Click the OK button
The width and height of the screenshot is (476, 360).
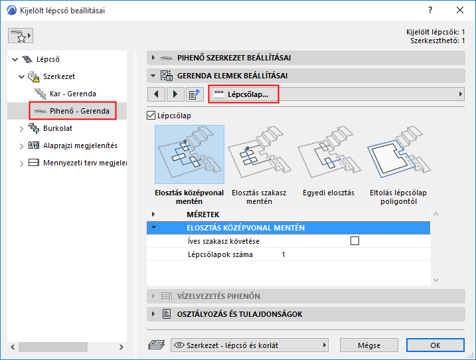click(436, 345)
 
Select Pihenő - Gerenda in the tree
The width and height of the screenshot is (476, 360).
click(79, 111)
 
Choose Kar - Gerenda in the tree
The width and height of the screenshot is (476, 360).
click(72, 94)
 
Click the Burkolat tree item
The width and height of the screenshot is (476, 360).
click(57, 128)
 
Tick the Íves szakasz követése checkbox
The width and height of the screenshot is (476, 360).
click(355, 241)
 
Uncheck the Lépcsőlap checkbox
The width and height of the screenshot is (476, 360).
click(151, 116)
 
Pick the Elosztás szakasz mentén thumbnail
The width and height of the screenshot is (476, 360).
click(260, 154)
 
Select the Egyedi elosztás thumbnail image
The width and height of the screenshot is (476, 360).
click(329, 154)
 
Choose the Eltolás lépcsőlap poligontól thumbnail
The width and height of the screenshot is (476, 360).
click(398, 154)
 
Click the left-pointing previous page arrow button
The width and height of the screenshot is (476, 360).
click(156, 94)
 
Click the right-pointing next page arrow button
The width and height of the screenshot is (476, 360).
click(175, 94)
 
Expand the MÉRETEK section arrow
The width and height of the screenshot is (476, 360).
click(153, 214)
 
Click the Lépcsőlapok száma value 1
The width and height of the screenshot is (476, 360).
click(283, 254)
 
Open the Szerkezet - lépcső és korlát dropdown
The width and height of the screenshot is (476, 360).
click(250, 345)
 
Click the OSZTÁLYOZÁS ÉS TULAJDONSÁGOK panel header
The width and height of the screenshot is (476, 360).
click(305, 314)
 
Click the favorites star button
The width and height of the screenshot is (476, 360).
click(21, 36)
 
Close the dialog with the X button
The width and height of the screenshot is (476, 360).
click(460, 11)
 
